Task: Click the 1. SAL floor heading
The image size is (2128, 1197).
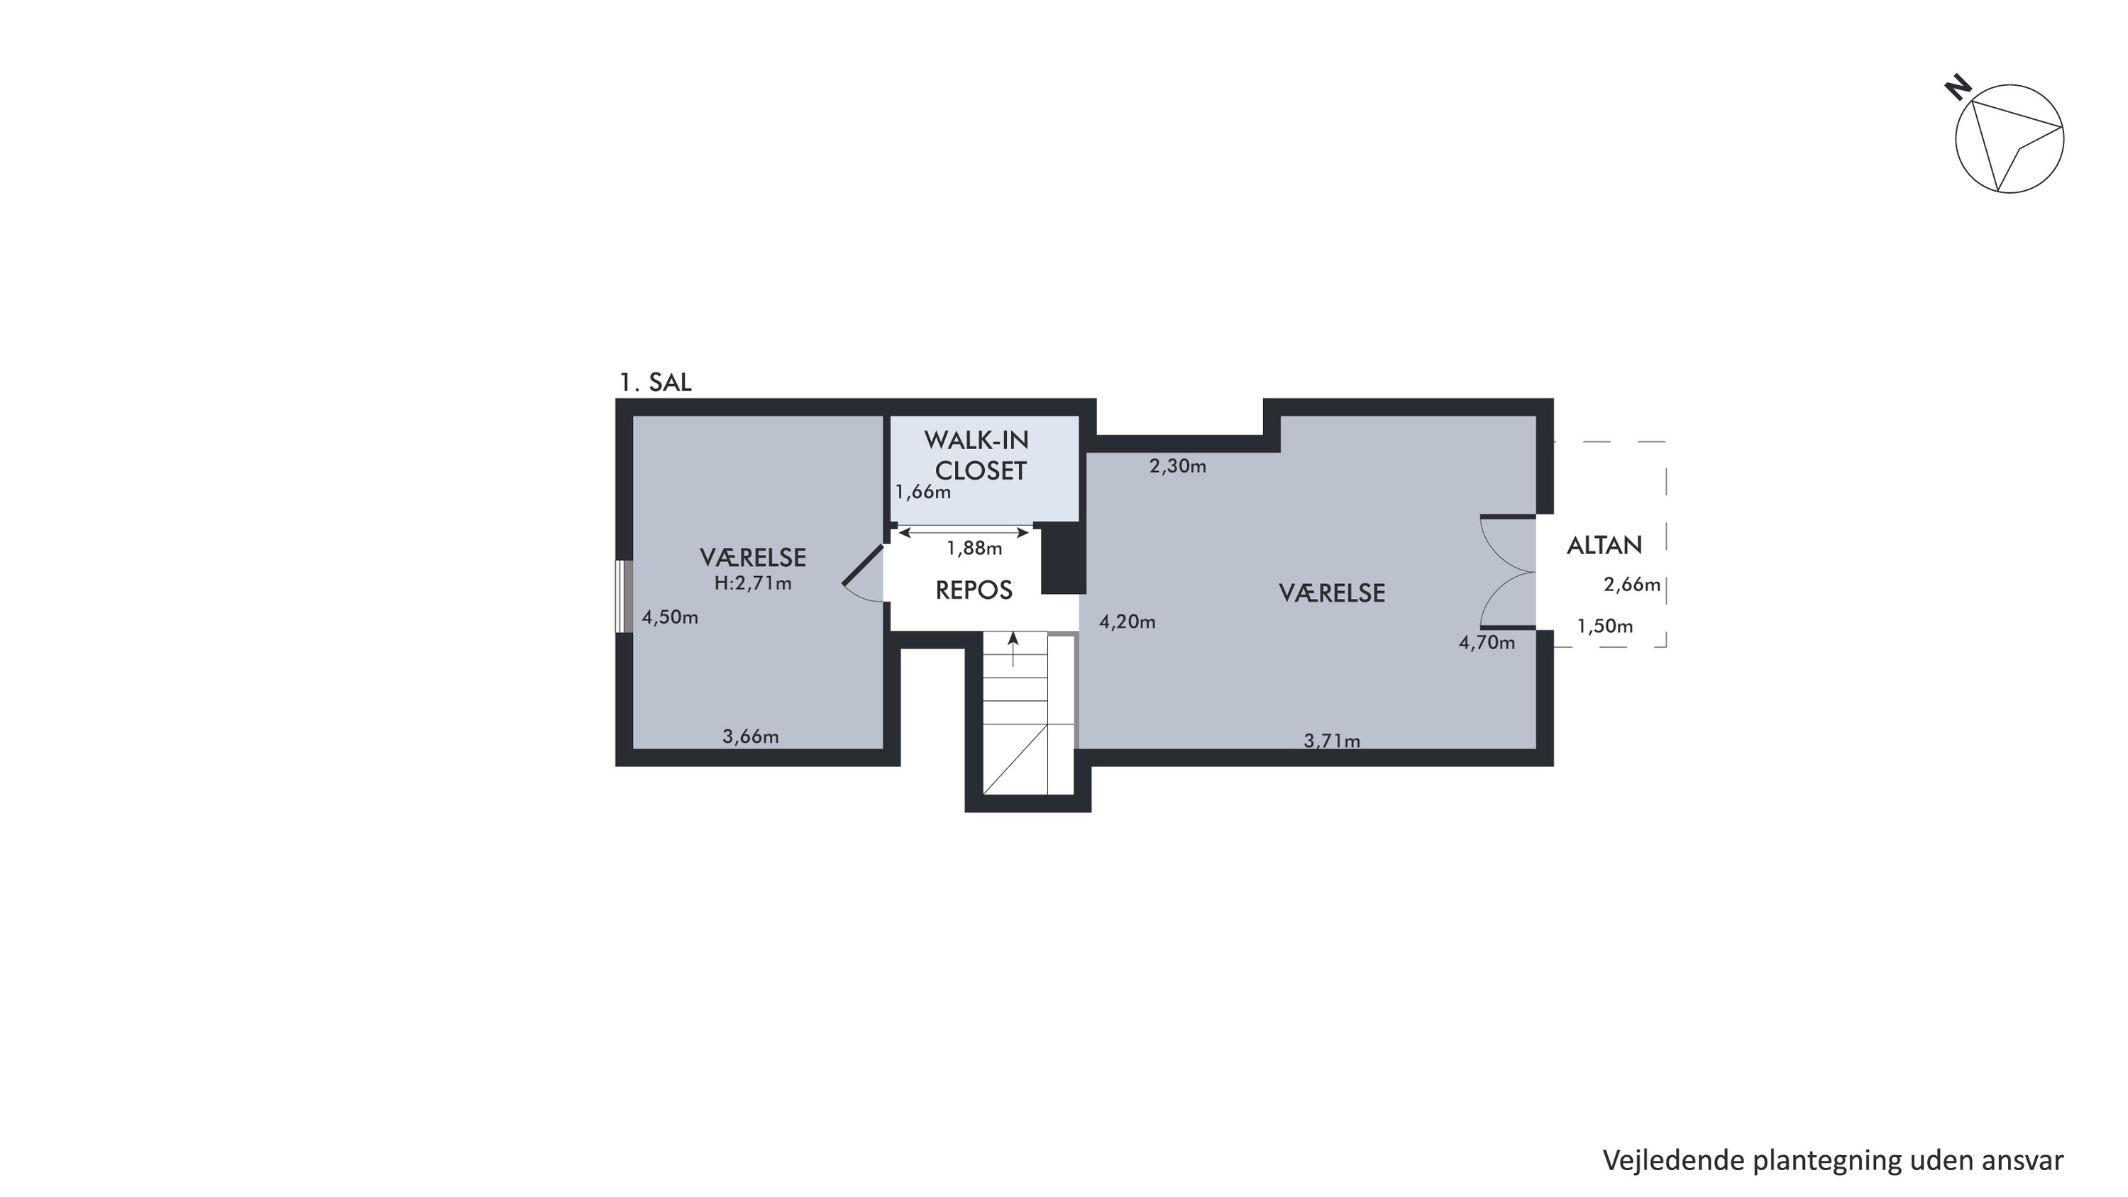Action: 655,382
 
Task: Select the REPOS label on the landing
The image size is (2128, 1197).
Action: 974,590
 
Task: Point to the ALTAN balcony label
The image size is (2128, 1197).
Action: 1604,545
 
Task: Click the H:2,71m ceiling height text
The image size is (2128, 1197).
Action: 753,583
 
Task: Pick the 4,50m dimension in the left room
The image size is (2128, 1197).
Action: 670,617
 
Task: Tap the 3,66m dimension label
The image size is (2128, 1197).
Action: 750,736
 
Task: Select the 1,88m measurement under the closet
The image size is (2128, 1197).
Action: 974,548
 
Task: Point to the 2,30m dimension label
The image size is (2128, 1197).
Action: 1178,466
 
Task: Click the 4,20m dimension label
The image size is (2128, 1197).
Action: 1127,622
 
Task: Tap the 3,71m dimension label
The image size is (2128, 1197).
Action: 1332,741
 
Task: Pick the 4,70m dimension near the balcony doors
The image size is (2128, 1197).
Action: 1487,642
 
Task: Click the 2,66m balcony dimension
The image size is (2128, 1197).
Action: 1631,585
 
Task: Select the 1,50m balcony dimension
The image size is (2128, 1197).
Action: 1605,627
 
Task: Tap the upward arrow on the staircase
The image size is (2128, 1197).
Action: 1013,649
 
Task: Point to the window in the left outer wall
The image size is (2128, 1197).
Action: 624,597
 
